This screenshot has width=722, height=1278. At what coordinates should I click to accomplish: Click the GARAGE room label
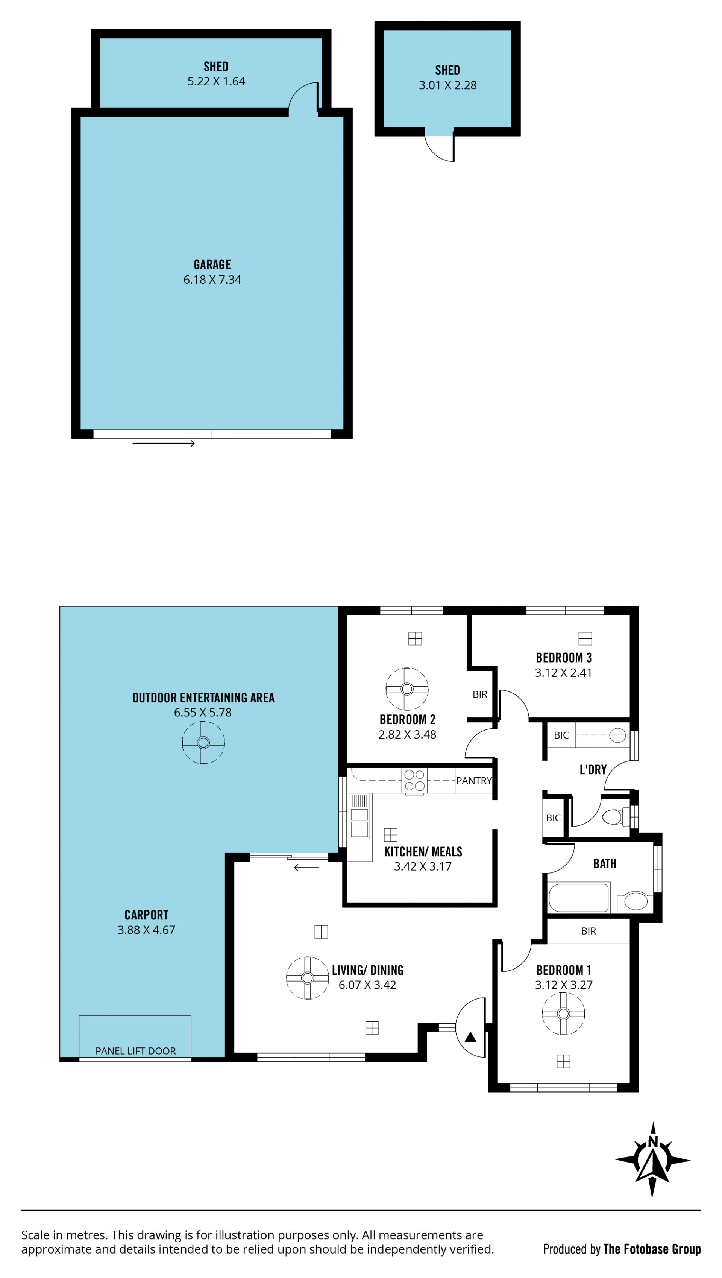(212, 264)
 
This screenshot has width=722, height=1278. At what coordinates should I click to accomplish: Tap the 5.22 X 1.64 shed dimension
(216, 81)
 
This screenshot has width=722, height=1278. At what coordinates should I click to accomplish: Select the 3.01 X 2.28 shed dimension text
(448, 85)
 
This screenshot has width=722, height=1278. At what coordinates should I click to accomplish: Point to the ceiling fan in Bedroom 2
(407, 688)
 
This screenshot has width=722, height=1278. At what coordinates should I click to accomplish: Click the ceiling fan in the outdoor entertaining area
(203, 743)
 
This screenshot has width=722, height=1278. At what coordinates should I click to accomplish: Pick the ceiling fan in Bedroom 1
(563, 1014)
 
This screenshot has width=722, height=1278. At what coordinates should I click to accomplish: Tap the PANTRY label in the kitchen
(474, 780)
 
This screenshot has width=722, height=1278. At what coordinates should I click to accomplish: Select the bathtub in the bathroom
(579, 897)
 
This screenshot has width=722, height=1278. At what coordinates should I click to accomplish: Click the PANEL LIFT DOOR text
(135, 1051)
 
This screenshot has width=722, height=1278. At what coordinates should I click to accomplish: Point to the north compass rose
(652, 1160)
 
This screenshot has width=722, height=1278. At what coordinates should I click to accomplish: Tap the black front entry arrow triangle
(470, 1037)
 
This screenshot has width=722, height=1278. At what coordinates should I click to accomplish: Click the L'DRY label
(593, 769)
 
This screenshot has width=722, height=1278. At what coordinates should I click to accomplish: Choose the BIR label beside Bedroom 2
(480, 694)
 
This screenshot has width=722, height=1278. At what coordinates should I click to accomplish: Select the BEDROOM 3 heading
(564, 658)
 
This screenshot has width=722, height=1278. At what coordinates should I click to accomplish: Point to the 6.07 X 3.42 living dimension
(367, 985)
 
